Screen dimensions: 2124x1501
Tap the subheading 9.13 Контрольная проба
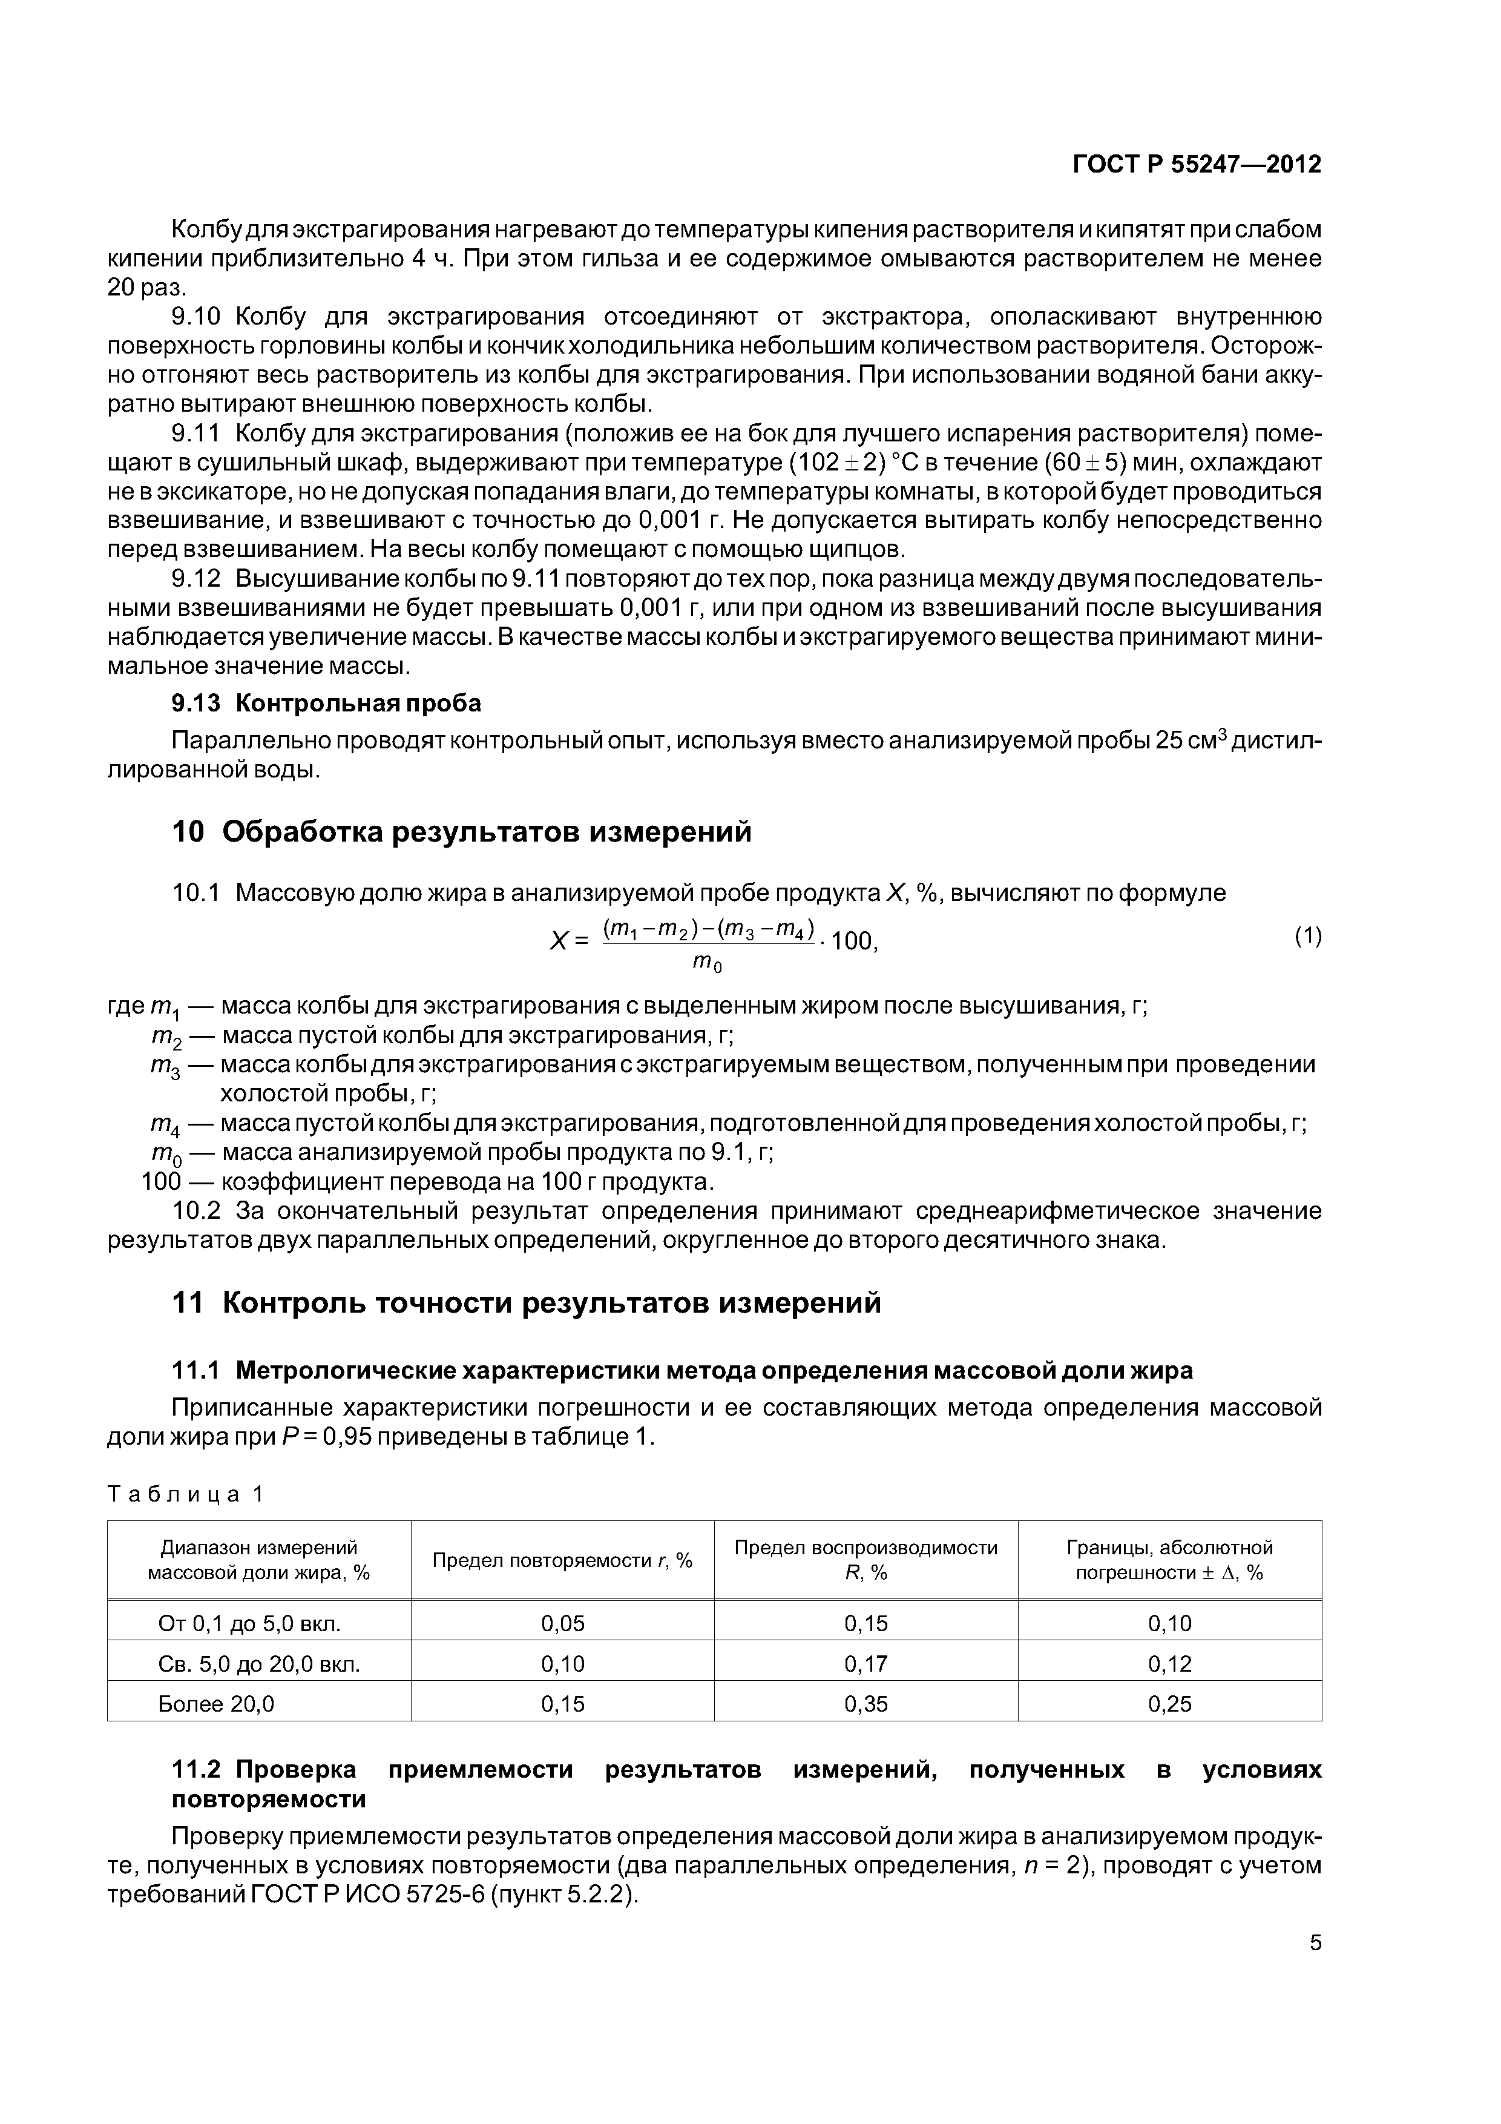pyautogui.click(x=326, y=703)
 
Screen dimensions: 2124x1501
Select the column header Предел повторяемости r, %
pyautogui.click(x=562, y=1561)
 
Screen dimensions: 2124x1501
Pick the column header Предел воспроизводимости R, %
pyautogui.click(x=865, y=1561)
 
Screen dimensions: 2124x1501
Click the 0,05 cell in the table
pyautogui.click(x=562, y=1623)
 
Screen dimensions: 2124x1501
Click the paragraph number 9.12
pyautogui.click(x=196, y=579)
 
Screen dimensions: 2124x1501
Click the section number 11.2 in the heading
pyautogui.click(x=196, y=1770)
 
